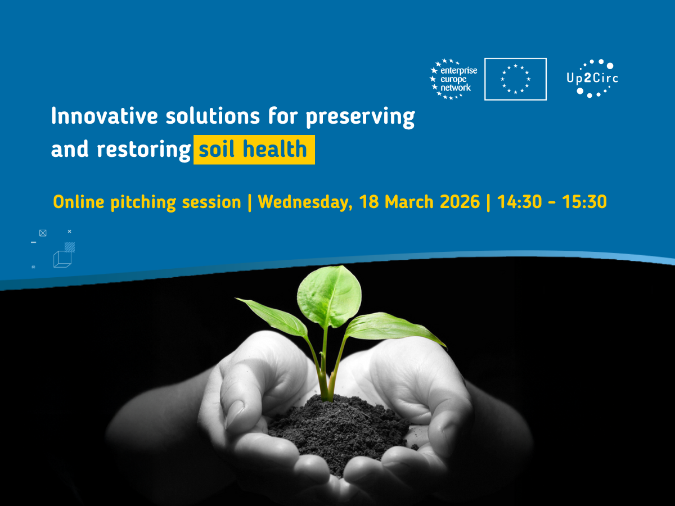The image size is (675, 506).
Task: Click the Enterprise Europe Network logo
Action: (x=453, y=79)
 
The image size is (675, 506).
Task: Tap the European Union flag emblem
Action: (x=515, y=79)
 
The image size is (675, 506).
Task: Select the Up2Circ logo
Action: (x=592, y=79)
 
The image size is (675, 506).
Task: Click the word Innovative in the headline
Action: (x=105, y=116)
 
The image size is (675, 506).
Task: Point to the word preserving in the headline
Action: (x=360, y=118)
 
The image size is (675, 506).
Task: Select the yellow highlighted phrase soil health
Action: (x=254, y=150)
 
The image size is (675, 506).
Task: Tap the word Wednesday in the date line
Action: (x=305, y=202)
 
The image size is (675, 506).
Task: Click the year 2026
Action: (x=460, y=202)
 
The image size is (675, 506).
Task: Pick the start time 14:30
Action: (x=519, y=202)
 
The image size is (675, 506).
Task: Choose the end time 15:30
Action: (x=584, y=202)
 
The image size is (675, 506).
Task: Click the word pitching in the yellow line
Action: (x=143, y=203)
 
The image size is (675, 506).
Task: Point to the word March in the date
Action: (x=409, y=202)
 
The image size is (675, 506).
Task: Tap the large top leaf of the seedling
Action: (x=329, y=296)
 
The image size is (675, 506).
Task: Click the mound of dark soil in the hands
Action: (x=338, y=430)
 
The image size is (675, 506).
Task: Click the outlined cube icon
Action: (x=62, y=259)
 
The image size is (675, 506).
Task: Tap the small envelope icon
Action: (x=43, y=233)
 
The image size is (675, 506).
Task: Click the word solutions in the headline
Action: (x=213, y=116)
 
